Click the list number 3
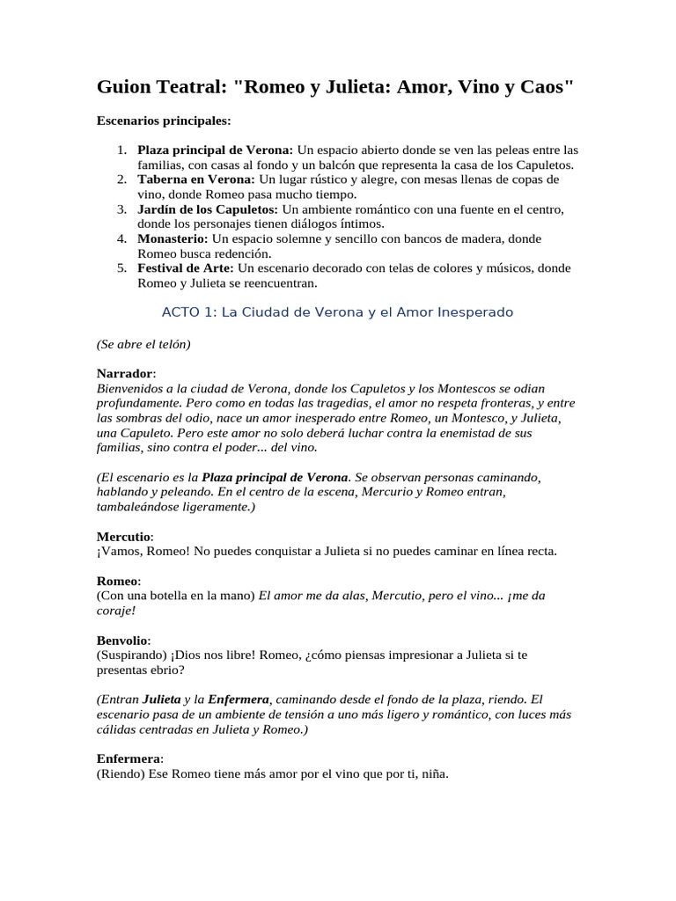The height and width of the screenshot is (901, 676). (121, 209)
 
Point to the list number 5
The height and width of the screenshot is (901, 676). (121, 268)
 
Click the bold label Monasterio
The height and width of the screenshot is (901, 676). (173, 239)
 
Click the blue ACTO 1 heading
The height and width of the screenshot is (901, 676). (338, 312)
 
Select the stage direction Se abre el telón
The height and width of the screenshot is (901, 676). (143, 344)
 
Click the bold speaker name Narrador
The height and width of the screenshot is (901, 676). (124, 373)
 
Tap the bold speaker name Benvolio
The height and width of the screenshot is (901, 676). (122, 640)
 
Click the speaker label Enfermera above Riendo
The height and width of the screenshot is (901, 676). (129, 758)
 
